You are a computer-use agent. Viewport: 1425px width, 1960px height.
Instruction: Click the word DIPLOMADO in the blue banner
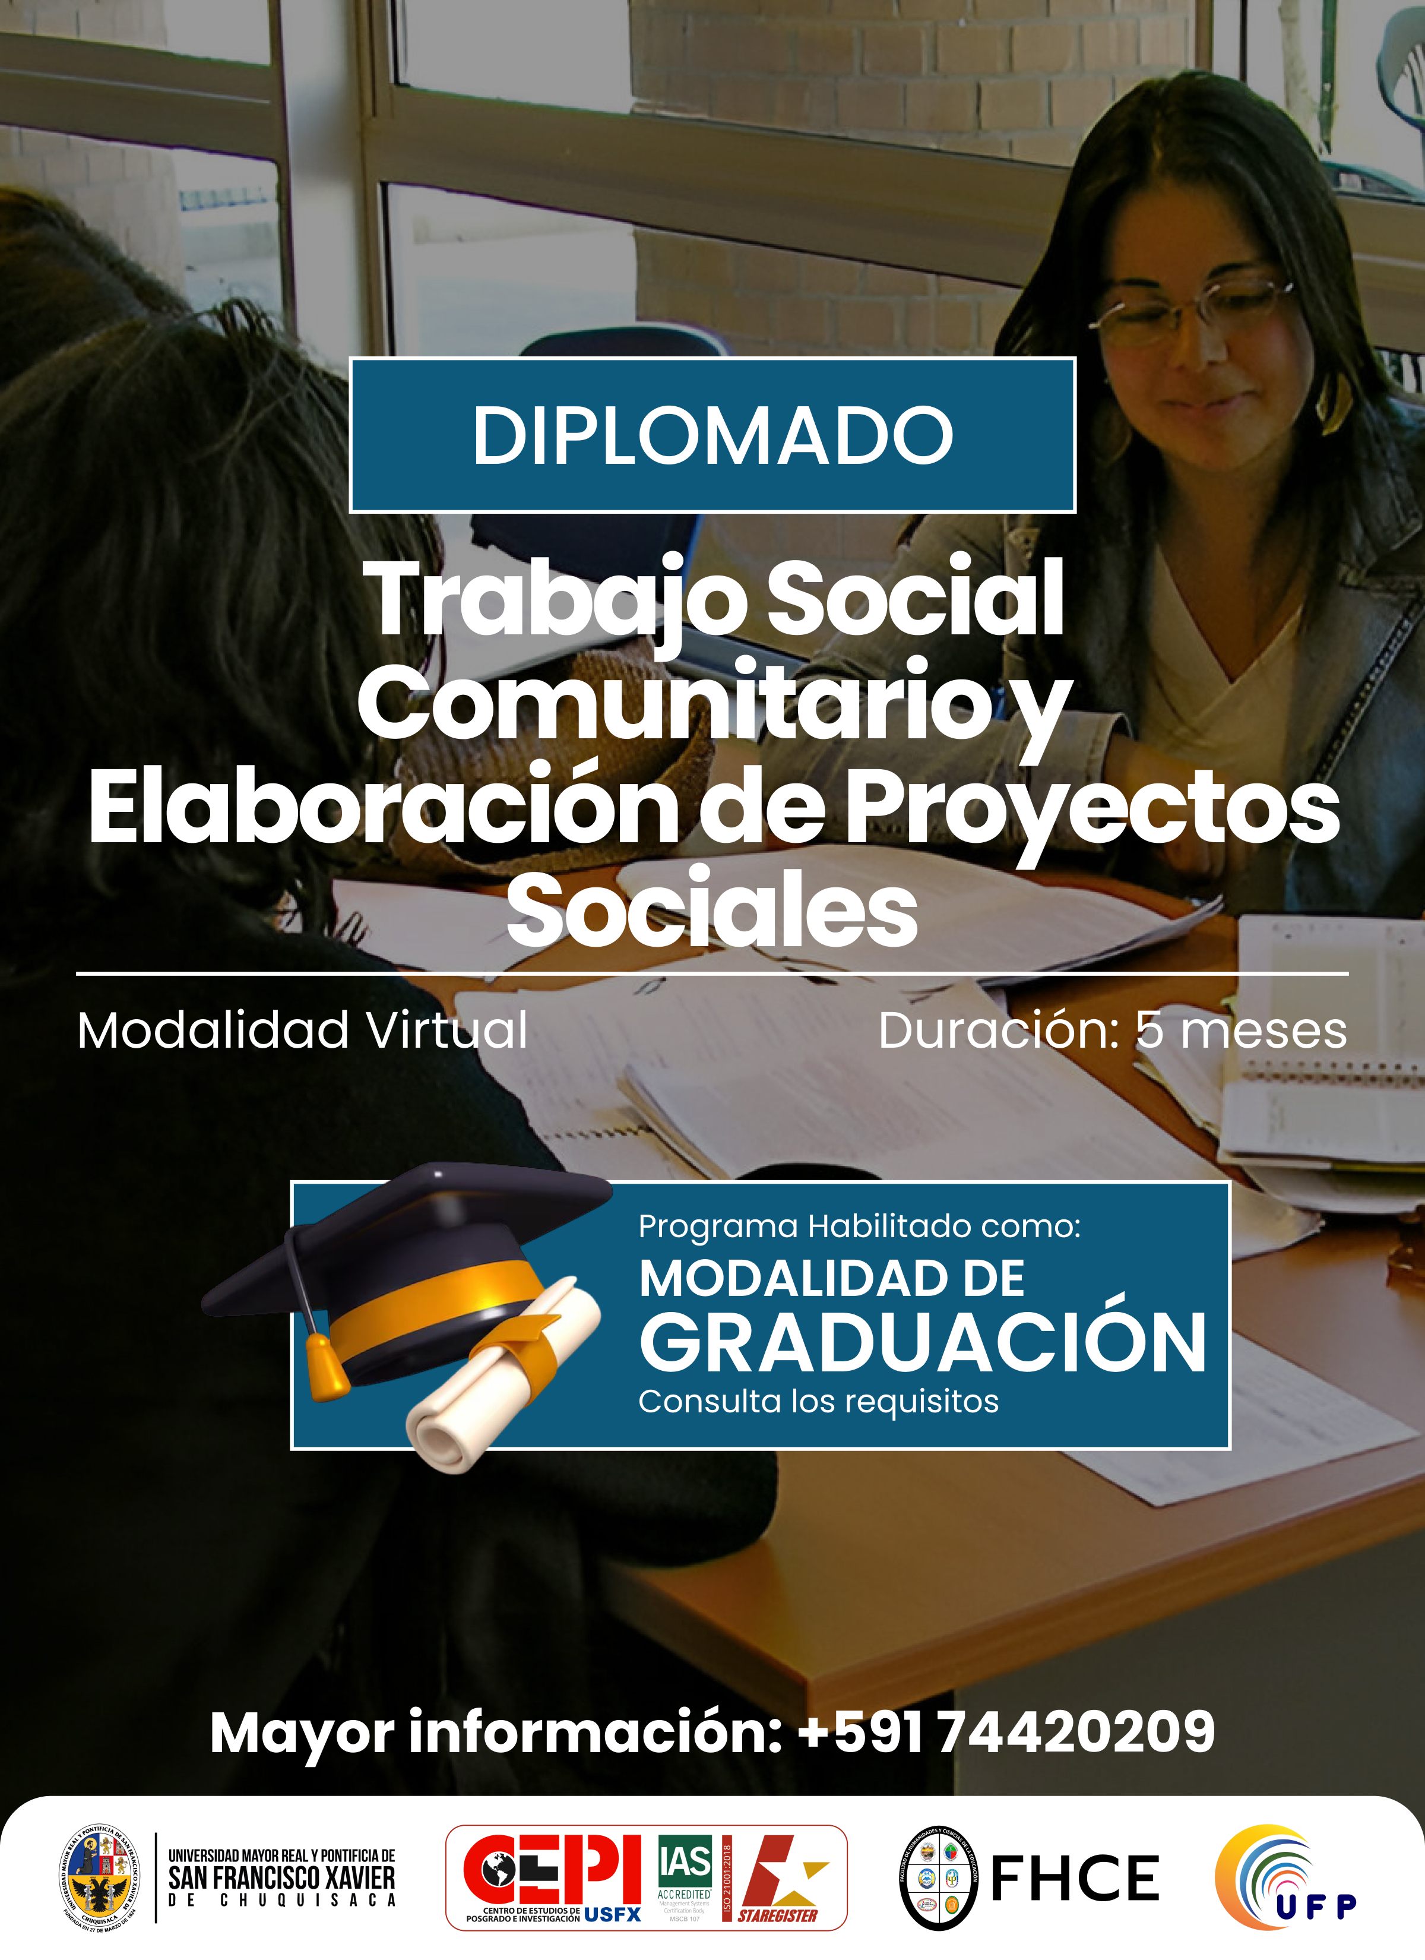coord(712,435)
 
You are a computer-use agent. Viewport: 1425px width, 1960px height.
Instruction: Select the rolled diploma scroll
coord(493,1392)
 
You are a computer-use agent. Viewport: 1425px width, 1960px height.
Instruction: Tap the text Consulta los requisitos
coord(818,1401)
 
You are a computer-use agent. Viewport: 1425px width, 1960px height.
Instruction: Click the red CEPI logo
coord(553,1871)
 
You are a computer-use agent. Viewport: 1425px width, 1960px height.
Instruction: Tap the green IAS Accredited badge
coord(685,1871)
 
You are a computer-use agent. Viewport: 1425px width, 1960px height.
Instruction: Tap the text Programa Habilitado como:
coord(859,1226)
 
